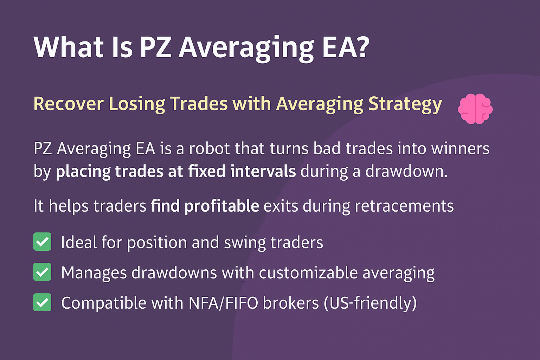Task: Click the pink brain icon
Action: click(x=475, y=109)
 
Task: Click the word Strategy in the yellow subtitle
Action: click(x=405, y=104)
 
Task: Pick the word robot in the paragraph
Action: click(x=209, y=148)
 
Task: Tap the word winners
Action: click(x=460, y=148)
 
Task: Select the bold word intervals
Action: click(x=263, y=171)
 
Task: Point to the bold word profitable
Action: click(x=222, y=206)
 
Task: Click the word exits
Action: click(x=281, y=206)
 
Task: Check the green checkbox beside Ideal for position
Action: click(x=42, y=242)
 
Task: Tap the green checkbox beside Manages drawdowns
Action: click(x=42, y=272)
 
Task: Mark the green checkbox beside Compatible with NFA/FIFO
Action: click(x=42, y=302)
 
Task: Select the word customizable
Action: click(x=308, y=273)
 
